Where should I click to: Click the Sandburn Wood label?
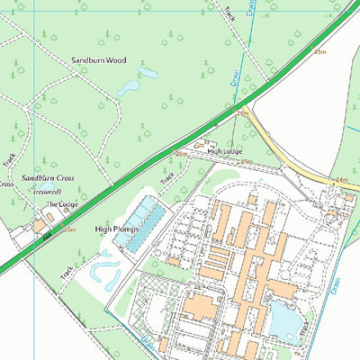[99, 60]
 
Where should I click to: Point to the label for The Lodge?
[63, 204]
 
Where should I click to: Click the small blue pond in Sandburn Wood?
[129, 87]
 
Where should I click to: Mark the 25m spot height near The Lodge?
[69, 229]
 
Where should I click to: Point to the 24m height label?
[341, 180]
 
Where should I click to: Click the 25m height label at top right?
[320, 52]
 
